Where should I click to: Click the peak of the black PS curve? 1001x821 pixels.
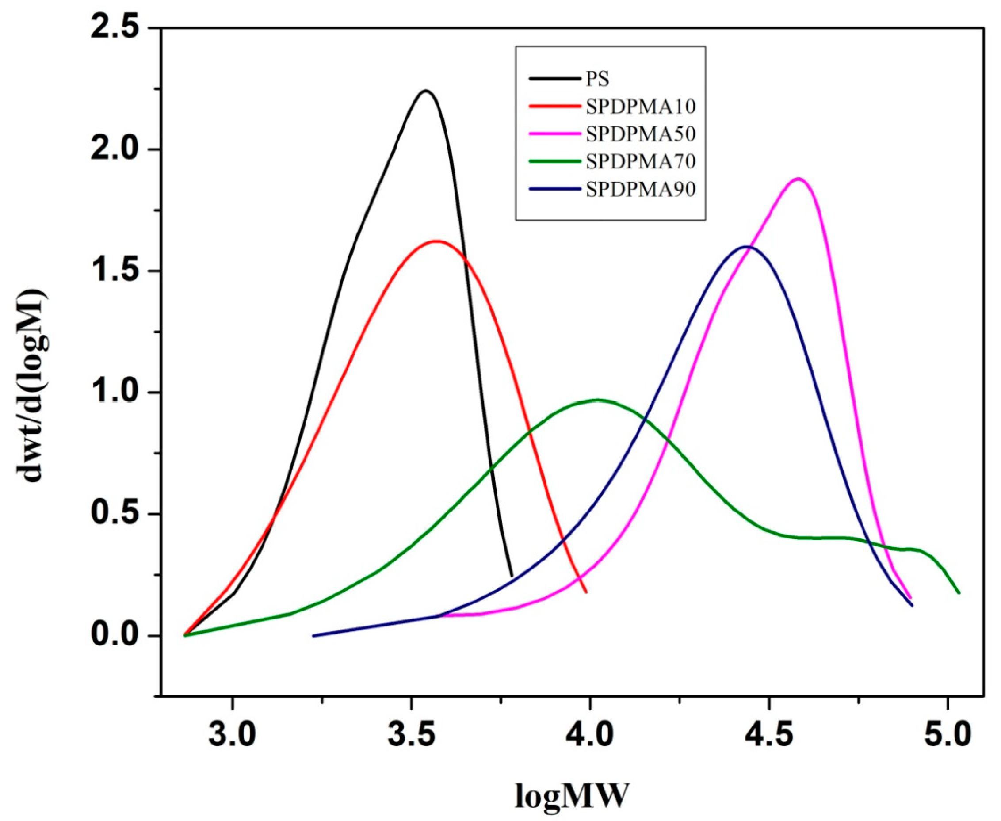tap(426, 90)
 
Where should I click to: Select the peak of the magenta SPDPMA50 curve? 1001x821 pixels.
tap(798, 179)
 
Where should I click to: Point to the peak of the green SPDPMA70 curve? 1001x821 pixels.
tap(598, 400)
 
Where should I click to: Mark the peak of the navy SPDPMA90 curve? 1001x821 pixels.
tap(746, 246)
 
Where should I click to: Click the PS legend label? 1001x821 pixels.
tap(598, 79)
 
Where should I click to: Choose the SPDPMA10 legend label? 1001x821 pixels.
tap(641, 107)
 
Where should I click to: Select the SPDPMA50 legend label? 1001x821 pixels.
tap(641, 134)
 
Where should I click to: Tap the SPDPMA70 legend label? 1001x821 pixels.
tap(641, 162)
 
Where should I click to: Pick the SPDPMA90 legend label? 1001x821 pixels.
tap(641, 189)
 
